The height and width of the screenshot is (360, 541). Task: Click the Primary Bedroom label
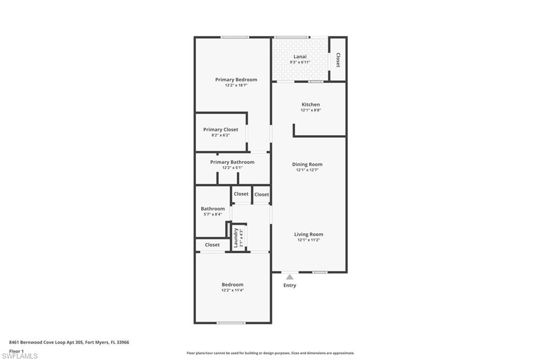point(236,80)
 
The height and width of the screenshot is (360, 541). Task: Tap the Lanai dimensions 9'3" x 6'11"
point(300,62)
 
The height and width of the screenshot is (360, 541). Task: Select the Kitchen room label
point(311,105)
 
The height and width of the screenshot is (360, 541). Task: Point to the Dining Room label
point(307,164)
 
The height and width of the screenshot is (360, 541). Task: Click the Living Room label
point(309,234)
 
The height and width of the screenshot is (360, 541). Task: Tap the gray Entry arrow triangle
point(290,277)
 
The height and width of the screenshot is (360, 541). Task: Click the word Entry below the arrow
point(290,286)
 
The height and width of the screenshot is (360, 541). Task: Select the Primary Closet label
point(220,129)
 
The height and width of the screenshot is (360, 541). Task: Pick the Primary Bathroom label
point(232,162)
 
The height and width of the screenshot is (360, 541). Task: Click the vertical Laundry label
point(236,238)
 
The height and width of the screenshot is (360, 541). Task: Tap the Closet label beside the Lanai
point(338,60)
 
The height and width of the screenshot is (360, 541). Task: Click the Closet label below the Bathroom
point(212,245)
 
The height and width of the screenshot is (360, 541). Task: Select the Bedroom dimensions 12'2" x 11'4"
point(232,290)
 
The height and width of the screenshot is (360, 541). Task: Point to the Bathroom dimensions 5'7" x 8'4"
point(212,214)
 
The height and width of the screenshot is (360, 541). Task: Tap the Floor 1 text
point(16,350)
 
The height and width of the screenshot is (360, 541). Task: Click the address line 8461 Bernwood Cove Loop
point(69,342)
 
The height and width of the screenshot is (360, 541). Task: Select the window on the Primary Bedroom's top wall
point(235,37)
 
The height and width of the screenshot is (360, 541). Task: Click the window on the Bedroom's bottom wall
point(231,323)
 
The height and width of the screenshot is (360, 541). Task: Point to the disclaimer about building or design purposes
point(270,353)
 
